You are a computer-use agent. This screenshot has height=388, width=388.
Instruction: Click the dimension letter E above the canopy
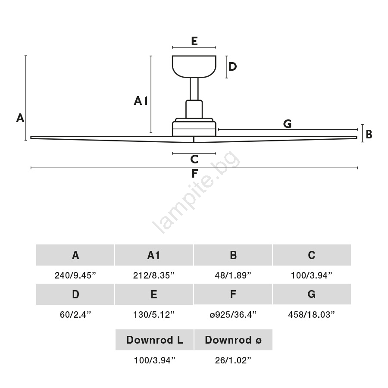point(194,41)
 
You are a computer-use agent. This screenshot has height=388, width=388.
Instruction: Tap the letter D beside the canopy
point(232,66)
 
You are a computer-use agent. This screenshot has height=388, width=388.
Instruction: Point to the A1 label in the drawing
point(141,101)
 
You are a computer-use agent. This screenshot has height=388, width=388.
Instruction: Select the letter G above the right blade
point(287,124)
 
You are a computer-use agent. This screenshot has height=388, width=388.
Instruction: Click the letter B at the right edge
point(369,135)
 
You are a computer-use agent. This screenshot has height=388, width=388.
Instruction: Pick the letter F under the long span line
point(194,173)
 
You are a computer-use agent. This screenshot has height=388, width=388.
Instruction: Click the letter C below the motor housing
point(194,160)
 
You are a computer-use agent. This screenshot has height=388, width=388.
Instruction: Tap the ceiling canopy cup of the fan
point(194,66)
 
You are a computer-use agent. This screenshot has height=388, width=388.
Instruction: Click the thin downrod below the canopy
point(194,89)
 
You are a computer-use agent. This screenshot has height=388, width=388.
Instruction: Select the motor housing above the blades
point(194,127)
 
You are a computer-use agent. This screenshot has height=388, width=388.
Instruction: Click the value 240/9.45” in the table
point(75,275)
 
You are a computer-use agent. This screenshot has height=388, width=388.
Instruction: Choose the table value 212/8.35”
point(153,275)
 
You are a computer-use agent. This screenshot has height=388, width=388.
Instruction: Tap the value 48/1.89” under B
point(233,275)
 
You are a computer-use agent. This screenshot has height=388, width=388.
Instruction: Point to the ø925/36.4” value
point(233,315)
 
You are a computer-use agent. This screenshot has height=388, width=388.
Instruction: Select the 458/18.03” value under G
point(311,315)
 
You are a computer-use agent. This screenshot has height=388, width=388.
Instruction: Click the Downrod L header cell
point(154,340)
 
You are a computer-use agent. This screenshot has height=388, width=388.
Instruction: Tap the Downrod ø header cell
point(233,340)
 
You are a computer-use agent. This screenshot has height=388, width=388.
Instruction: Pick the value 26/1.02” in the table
point(233,360)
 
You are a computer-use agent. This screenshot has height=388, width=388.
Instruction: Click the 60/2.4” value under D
point(75,315)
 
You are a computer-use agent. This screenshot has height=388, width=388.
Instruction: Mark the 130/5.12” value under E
point(153,315)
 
